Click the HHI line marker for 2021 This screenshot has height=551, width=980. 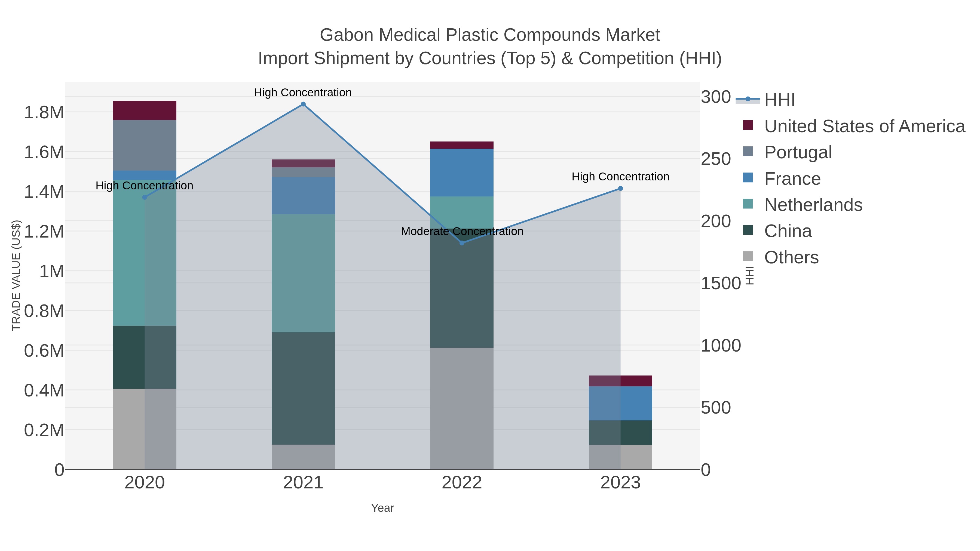(303, 104)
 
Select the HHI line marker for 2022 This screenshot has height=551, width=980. (462, 243)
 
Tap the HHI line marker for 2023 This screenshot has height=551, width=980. (620, 189)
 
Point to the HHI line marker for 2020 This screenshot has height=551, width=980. (145, 197)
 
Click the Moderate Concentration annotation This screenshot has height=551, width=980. (462, 231)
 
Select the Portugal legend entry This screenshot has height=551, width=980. (798, 152)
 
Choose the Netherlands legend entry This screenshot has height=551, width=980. (813, 205)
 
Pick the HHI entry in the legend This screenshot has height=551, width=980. (779, 100)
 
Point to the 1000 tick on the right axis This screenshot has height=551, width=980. (721, 346)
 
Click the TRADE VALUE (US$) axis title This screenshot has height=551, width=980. (16, 275)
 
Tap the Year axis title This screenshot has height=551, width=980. (382, 508)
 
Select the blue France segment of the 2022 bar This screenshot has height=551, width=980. (462, 173)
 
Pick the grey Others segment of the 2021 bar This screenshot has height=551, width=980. (303, 457)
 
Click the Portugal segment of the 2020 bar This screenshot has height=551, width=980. (145, 145)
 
